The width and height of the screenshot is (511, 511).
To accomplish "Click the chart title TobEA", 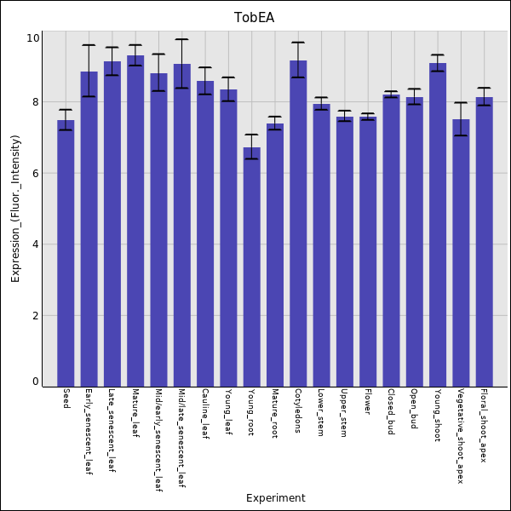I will pyautogui.click(x=255, y=18).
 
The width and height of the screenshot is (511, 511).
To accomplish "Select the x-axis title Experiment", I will pyautogui.click(x=275, y=498).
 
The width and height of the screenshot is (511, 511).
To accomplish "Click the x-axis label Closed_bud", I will pyautogui.click(x=390, y=412).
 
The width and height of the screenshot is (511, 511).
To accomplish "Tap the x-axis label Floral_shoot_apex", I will pyautogui.click(x=483, y=426).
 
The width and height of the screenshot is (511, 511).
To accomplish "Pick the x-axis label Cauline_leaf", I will pyautogui.click(x=204, y=414).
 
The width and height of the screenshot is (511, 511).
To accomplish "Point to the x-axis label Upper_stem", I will pyautogui.click(x=343, y=413).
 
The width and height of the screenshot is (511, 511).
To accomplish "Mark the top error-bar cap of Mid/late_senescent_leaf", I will pyautogui.click(x=181, y=39).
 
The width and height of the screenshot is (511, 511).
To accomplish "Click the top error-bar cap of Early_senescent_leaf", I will pyautogui.click(x=89, y=45).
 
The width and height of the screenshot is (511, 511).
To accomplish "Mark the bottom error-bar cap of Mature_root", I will pyautogui.click(x=274, y=129).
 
